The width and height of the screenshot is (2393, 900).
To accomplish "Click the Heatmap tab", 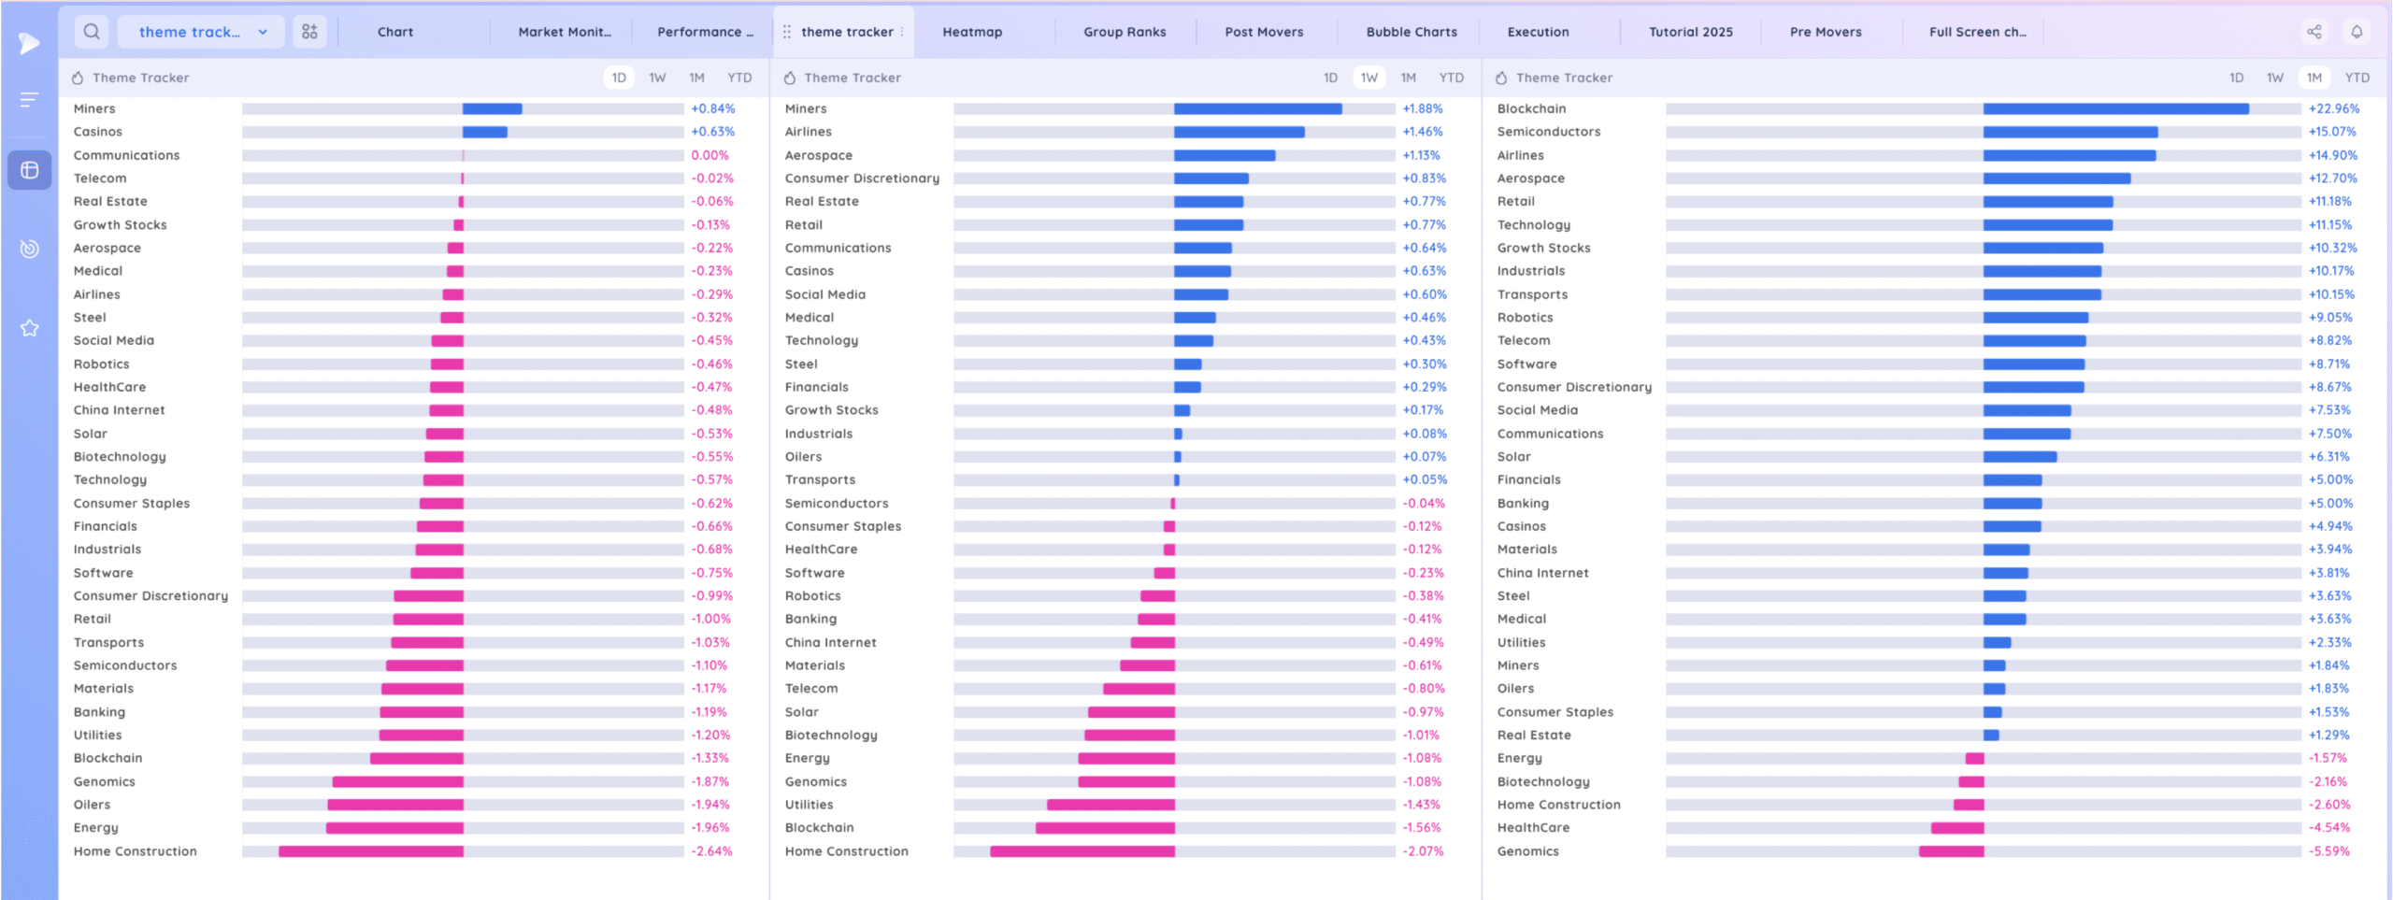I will click(972, 32).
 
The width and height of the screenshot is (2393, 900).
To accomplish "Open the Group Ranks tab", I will click(1125, 32).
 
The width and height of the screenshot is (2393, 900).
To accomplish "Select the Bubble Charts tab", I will click(1411, 32).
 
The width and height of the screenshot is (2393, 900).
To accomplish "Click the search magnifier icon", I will click(92, 32).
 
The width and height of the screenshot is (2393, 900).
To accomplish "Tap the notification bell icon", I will click(2357, 32).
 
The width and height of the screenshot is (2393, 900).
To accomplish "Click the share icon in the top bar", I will click(2314, 32).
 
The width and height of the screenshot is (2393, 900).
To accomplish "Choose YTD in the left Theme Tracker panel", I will click(739, 78).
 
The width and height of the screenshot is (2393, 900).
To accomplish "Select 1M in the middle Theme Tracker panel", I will click(1408, 78).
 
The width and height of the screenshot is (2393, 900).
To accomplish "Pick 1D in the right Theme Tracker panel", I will click(2236, 78).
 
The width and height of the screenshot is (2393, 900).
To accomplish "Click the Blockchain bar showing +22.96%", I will click(2115, 109).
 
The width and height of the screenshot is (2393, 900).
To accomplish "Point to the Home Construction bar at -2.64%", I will click(371, 851).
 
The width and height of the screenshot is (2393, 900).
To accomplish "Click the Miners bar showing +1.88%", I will click(1257, 109).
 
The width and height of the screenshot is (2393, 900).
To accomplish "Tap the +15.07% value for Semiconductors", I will click(2333, 132).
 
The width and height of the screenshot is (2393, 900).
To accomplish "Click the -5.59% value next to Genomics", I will click(2329, 851).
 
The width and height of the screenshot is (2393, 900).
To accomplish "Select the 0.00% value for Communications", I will click(709, 155).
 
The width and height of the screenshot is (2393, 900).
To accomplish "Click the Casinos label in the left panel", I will click(98, 132).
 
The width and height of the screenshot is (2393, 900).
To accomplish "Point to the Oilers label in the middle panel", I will click(803, 457).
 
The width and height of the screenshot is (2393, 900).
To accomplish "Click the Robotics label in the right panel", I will click(1525, 318).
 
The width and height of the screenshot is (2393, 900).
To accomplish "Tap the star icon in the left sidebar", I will click(30, 328).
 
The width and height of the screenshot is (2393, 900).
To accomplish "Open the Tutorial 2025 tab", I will click(1690, 32).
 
